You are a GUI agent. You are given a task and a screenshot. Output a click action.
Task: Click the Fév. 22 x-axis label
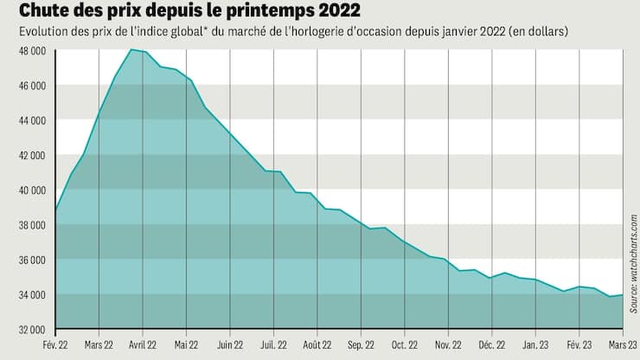click(55, 344)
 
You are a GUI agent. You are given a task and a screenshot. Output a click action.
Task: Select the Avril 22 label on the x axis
click(143, 344)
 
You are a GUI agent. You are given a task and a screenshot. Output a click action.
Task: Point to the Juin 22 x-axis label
click(230, 344)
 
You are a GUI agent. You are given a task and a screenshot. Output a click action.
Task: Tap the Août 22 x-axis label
click(317, 344)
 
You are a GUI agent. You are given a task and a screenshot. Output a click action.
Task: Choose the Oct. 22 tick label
click(405, 344)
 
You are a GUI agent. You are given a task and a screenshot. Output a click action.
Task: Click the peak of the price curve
click(131, 50)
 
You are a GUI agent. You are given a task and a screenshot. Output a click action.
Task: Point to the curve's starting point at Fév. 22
click(56, 210)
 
